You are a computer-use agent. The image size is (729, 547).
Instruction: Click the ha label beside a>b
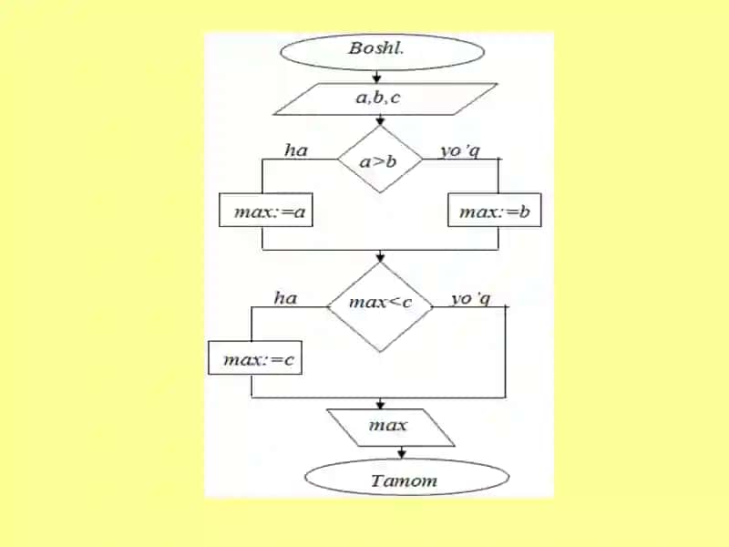(x=296, y=150)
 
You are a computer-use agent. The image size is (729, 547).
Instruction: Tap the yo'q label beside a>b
(x=460, y=150)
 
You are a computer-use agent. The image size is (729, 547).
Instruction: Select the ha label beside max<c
(x=285, y=298)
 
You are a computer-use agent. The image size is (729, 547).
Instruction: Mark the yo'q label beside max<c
(x=471, y=299)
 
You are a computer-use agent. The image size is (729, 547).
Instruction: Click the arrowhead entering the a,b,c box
(x=376, y=78)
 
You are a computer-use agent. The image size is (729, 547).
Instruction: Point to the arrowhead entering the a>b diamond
(x=380, y=121)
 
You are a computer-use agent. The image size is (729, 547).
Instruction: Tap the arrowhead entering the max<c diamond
(x=380, y=257)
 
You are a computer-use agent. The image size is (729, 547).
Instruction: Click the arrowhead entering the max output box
(x=380, y=404)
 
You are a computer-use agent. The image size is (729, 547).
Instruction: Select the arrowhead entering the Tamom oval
(x=402, y=454)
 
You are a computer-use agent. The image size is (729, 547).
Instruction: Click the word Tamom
(x=404, y=480)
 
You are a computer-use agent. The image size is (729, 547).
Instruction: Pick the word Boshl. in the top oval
(x=376, y=47)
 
